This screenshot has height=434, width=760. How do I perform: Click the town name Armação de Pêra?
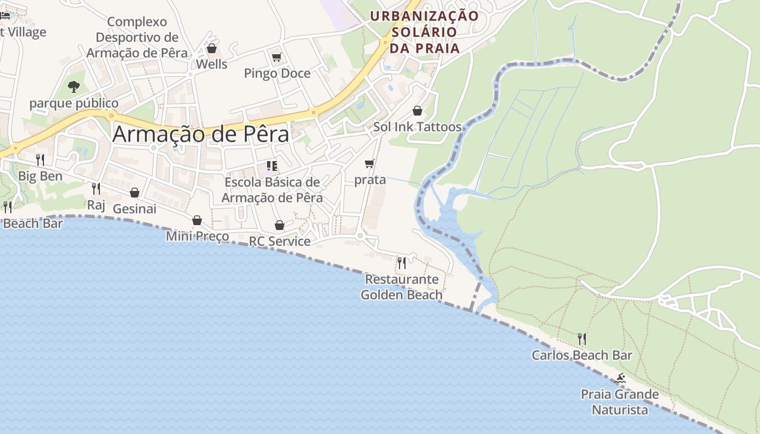point(200,134)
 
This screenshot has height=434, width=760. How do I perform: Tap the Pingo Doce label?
point(277,73)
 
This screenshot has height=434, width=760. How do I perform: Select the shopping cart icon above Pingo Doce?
point(276,57)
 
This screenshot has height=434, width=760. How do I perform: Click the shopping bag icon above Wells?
point(212,48)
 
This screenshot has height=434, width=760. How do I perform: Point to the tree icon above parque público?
point(74,86)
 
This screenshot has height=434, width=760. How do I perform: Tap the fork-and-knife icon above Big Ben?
point(40,159)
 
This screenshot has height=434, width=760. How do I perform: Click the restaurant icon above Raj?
point(96,188)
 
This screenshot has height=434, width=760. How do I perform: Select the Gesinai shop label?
point(134,209)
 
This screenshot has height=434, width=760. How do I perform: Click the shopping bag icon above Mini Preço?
point(197,220)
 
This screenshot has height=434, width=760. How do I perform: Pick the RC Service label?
point(280,241)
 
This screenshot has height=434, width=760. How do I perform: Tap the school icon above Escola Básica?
point(272,165)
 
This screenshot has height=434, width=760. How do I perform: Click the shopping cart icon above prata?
point(370,163)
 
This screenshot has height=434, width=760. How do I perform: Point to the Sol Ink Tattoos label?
point(417,127)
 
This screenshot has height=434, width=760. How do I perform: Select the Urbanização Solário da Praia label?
point(424,31)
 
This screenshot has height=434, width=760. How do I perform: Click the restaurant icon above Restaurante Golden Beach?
point(402,263)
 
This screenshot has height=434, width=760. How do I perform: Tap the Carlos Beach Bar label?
point(581,355)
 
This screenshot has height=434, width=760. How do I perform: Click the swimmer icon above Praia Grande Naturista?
point(620,378)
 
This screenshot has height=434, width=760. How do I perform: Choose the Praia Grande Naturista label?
point(620,402)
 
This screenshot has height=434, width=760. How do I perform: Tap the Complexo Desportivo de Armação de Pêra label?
point(137,37)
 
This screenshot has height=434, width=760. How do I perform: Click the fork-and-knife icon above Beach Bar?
point(8,207)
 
